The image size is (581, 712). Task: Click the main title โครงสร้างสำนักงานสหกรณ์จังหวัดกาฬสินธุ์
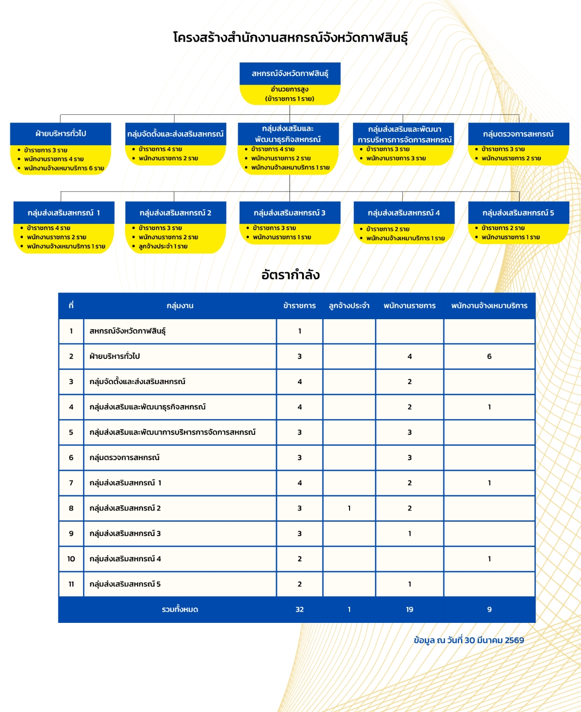[x=290, y=38]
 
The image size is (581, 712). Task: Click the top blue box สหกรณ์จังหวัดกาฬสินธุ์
[x=290, y=74]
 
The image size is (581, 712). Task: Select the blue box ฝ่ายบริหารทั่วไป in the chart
[x=61, y=134]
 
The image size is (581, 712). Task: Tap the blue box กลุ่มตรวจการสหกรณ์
[x=518, y=134]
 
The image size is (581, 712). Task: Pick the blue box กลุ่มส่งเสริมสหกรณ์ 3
[x=290, y=213]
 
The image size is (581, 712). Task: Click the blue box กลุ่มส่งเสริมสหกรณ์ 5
[x=518, y=213]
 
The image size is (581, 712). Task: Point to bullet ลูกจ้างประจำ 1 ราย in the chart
[x=163, y=247]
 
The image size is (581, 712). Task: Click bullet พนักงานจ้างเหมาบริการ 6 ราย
[x=64, y=168]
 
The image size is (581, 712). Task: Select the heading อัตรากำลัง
[x=290, y=275]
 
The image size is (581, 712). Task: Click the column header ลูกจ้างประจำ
[x=349, y=306]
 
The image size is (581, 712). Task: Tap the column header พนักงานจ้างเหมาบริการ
[x=489, y=306]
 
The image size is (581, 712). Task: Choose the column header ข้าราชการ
[x=299, y=306]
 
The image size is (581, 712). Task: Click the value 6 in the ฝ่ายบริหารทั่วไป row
[x=489, y=356]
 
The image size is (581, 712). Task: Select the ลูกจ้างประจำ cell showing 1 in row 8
[x=349, y=508]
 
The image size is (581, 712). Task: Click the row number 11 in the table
[x=71, y=584]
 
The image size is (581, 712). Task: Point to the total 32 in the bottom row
[x=299, y=609]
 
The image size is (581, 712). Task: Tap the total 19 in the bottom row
[x=410, y=609]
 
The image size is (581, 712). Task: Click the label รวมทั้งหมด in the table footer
[x=180, y=609]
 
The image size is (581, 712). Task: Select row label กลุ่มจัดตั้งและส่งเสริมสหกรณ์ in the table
[x=138, y=382]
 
